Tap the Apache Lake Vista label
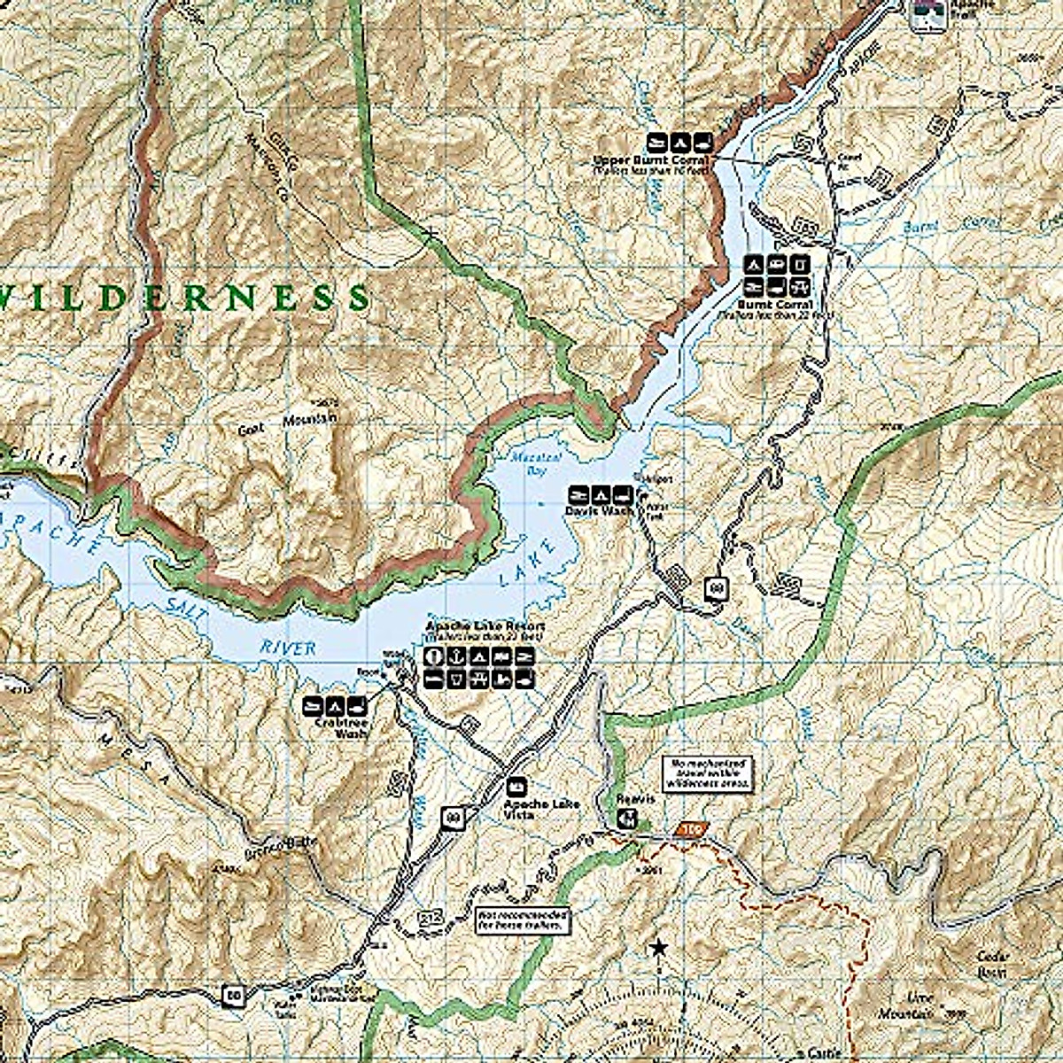(x=540, y=808)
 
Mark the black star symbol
(x=657, y=949)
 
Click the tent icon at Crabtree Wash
(x=335, y=706)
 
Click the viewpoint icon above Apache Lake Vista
(x=516, y=786)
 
